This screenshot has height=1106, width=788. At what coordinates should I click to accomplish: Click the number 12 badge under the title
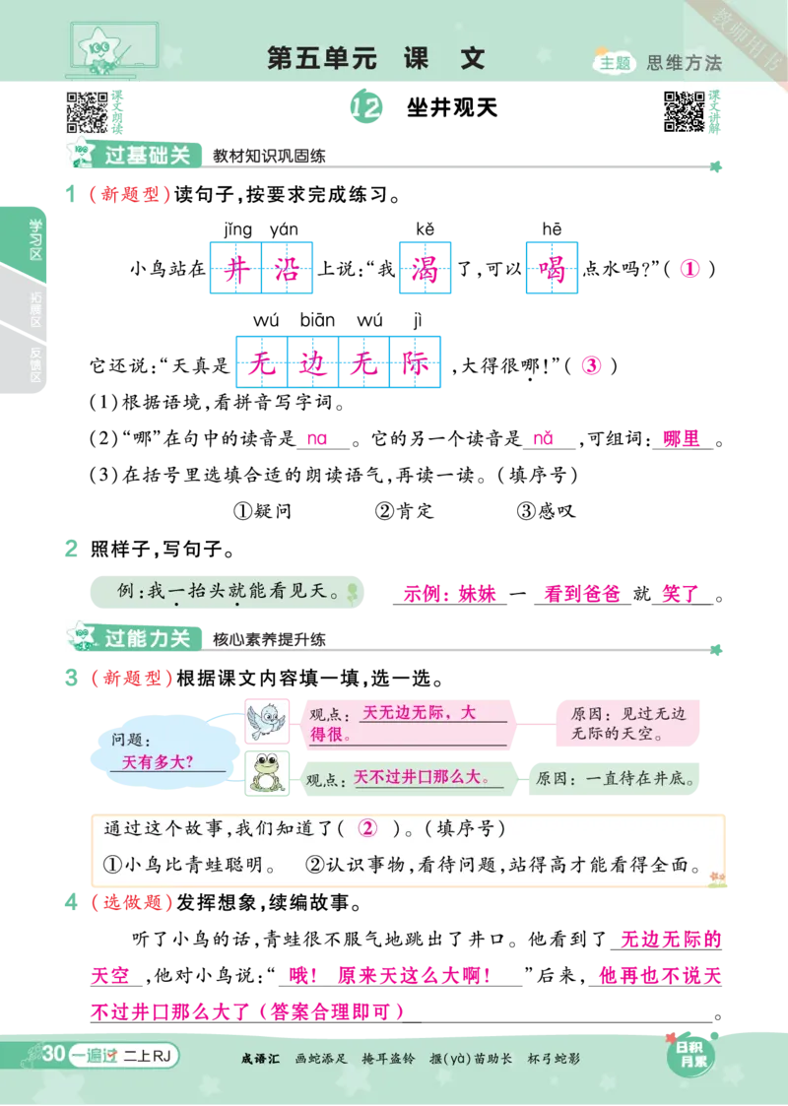point(365,108)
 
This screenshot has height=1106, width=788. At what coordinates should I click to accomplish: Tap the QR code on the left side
point(87,111)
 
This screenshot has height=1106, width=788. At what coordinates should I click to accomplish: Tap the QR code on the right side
point(684,111)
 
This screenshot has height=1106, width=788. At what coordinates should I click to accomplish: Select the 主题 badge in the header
point(615,62)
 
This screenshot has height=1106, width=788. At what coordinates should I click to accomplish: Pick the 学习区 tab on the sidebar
point(36,239)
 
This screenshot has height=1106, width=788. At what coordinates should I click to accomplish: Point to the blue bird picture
point(266,720)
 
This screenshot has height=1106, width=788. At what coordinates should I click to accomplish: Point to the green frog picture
point(266,772)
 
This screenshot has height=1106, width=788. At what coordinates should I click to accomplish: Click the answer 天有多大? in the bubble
point(158,762)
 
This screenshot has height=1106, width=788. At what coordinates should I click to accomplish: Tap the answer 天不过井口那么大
point(423,777)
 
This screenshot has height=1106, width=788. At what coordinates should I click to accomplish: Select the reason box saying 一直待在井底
point(615,777)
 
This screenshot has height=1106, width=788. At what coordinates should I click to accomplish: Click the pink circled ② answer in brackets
point(367,829)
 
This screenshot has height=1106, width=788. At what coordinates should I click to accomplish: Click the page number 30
point(53,1055)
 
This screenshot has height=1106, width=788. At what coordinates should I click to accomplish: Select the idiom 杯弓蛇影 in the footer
point(554,1059)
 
